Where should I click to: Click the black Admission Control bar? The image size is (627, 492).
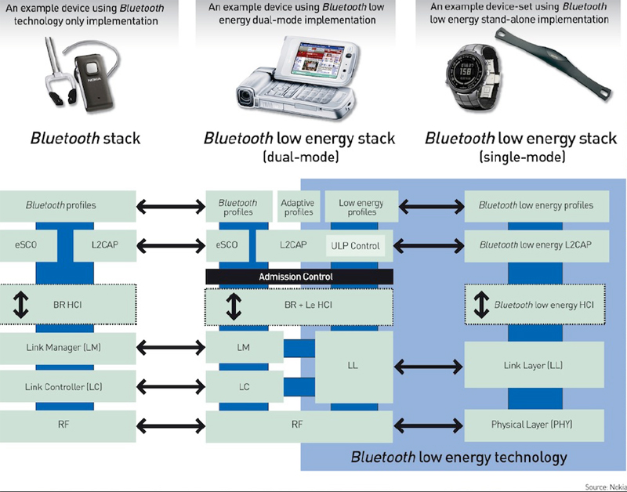click(x=299, y=277)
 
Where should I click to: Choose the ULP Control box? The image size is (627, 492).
click(x=354, y=246)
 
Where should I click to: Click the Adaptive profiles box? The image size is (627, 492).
click(x=297, y=208)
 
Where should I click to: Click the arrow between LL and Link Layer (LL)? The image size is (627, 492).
click(x=427, y=365)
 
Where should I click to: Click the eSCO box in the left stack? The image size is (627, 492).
click(x=24, y=245)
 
